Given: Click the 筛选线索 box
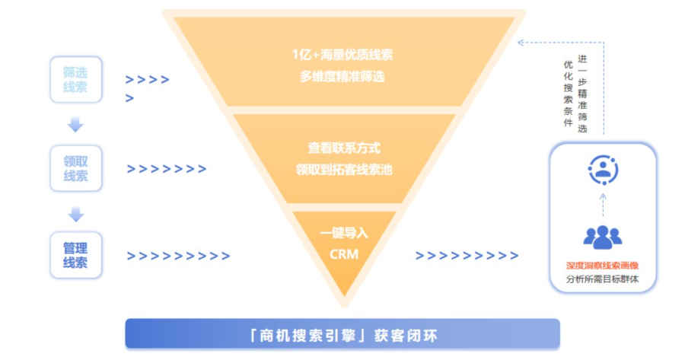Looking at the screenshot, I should tap(75, 79).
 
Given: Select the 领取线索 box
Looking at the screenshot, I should tap(75, 168).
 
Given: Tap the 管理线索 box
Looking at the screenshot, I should tap(75, 255).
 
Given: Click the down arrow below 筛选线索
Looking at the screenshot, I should tap(75, 124).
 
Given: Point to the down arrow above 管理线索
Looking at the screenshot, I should tap(75, 212).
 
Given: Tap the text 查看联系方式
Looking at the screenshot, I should tap(344, 148).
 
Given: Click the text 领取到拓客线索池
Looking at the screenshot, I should tap(344, 169).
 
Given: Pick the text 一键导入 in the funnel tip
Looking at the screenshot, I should tap(344, 232).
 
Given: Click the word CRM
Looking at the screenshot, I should tap(344, 253).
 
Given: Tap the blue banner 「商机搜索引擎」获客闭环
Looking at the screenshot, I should tap(342, 334).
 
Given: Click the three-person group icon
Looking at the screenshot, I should tap(602, 237).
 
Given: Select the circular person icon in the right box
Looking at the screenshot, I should tap(603, 169).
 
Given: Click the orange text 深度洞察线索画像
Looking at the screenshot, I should tap(602, 266).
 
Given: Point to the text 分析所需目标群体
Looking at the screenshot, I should tap(602, 279).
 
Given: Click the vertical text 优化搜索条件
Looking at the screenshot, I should tap(567, 94).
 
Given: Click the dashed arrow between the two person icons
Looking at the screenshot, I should tap(603, 204).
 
